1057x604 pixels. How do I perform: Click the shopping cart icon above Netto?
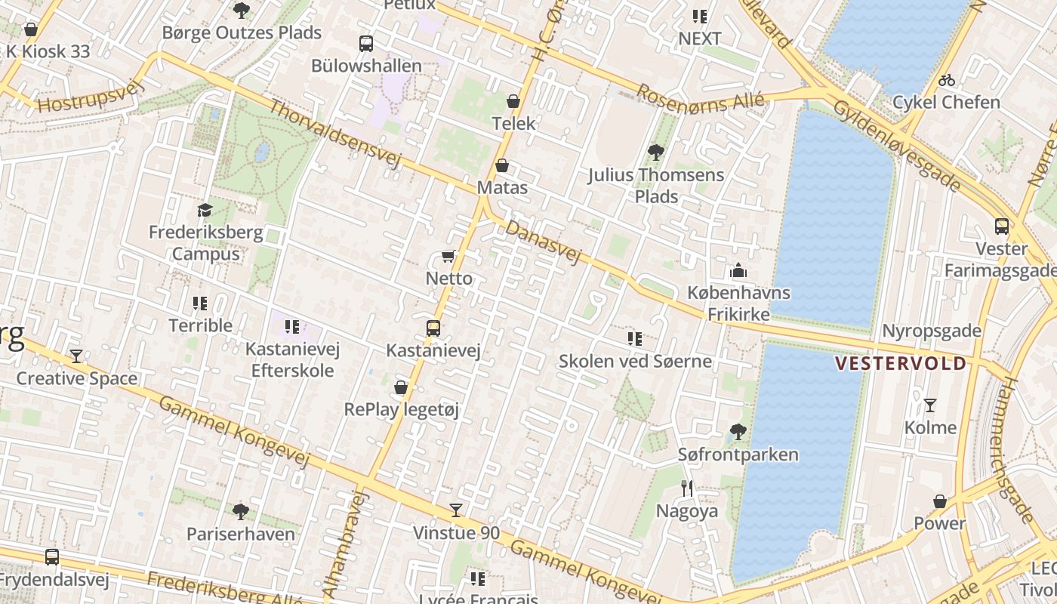tap(448, 257)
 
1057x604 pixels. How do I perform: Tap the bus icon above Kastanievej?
tap(433, 328)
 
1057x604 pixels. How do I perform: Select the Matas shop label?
tap(502, 187)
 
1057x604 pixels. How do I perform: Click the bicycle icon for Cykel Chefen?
tap(946, 80)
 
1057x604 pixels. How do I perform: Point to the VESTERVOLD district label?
tap(900, 364)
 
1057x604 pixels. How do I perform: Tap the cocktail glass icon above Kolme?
tap(930, 405)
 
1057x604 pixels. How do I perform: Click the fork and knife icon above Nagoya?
tap(686, 488)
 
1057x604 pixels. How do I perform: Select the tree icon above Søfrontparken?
tap(738, 432)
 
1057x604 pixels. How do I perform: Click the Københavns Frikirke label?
tap(738, 303)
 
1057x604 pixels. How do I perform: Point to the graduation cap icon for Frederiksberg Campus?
tap(205, 210)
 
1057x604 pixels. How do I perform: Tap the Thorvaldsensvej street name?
tap(334, 133)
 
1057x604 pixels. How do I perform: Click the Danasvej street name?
tap(544, 242)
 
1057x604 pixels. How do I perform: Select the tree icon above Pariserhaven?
tap(241, 512)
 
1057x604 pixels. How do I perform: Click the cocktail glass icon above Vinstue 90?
tap(456, 510)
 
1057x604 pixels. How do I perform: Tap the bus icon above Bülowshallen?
tap(366, 44)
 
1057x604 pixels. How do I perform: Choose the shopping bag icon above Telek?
tap(513, 101)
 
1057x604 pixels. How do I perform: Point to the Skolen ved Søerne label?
tap(635, 361)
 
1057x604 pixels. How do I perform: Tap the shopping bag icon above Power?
tap(940, 501)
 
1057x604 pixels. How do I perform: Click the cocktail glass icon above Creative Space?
tap(76, 356)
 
